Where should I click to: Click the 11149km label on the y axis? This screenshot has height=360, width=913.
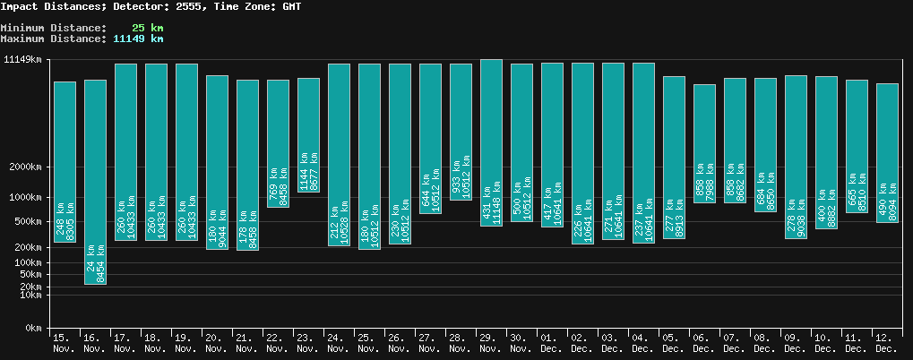(x=23, y=60)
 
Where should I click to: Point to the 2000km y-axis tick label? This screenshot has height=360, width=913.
(x=26, y=167)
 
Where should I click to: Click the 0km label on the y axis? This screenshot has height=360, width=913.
(x=33, y=329)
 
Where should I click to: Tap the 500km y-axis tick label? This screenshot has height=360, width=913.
(x=29, y=221)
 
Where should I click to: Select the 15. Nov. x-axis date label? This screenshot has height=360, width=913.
(x=64, y=342)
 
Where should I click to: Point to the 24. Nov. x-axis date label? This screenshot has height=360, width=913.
(x=339, y=342)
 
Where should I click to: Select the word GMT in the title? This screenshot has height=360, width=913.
(x=290, y=6)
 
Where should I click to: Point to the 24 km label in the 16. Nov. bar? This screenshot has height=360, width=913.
(x=90, y=267)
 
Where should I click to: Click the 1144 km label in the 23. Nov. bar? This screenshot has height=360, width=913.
(x=303, y=170)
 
